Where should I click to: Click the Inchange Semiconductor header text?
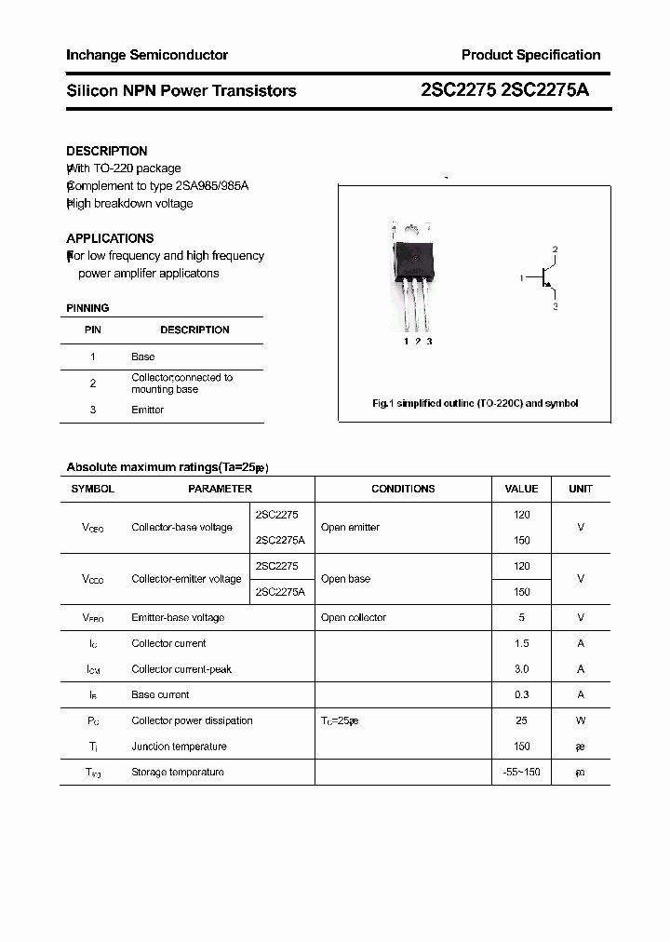click(147, 55)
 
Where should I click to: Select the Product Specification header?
click(530, 55)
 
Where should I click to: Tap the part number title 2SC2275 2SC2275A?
click(504, 90)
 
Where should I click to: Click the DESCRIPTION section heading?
click(107, 151)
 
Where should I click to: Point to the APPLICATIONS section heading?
click(110, 238)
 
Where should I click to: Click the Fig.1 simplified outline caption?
click(475, 403)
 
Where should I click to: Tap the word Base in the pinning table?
click(143, 357)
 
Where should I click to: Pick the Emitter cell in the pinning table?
click(147, 410)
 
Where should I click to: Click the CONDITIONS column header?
click(403, 489)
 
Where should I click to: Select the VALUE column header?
click(521, 489)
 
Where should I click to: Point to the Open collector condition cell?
click(353, 617)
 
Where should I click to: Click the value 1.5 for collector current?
click(521, 643)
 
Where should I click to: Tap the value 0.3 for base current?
click(521, 694)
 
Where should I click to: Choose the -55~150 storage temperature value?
click(521, 772)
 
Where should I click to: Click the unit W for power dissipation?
click(581, 720)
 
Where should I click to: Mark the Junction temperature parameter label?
click(179, 747)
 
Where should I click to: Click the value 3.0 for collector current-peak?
click(521, 669)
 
